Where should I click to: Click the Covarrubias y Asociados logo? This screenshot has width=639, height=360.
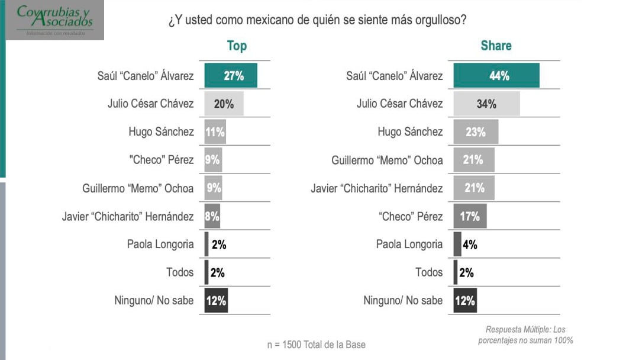55,20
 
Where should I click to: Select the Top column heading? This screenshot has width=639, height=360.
237,46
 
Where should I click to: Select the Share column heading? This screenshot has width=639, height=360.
496,46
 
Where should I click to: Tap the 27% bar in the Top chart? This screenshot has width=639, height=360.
231,76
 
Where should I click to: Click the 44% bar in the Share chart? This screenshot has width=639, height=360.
496,76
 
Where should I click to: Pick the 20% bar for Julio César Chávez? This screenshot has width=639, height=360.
224,104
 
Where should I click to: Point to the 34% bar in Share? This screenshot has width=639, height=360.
486,104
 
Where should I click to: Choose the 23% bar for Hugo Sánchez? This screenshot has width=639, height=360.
476,132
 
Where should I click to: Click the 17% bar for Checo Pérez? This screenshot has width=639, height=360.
470,216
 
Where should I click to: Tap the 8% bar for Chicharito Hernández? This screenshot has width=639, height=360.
212,216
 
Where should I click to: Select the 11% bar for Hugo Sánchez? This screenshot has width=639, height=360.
215,132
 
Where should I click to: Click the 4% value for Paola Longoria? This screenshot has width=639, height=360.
470,244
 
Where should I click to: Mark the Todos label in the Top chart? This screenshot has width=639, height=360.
180,272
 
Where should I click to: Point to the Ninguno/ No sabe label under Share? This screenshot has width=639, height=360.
403,301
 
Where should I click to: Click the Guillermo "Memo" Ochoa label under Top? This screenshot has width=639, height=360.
138,188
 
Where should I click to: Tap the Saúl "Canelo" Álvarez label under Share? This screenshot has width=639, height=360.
394,76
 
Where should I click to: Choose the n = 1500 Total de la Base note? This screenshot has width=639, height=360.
316,345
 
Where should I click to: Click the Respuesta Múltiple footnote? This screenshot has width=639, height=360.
525,335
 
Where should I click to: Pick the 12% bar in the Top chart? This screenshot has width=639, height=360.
216,301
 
